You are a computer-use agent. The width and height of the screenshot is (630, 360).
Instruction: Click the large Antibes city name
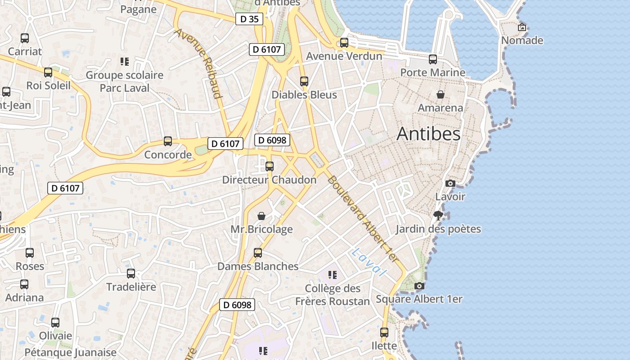coord(428,134)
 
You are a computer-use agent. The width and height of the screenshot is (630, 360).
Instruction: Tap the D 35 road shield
coord(249,19)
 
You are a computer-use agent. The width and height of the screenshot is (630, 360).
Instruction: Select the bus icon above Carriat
coord(25,38)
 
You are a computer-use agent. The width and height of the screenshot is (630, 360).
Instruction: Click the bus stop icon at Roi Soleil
coord(48,72)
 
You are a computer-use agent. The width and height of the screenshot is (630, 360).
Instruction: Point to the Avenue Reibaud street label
coord(199,63)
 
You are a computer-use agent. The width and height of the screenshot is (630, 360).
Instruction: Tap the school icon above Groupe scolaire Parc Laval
coord(125,62)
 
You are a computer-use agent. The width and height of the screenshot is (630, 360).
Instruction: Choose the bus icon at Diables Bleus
coord(304,81)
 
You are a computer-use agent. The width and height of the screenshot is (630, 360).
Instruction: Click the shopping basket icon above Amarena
coord(441,94)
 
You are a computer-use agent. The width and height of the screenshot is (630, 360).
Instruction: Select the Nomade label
coord(522,40)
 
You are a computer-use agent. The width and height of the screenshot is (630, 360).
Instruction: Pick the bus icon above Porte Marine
coord(433,59)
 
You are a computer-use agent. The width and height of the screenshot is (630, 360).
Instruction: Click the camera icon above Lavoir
coord(450,183)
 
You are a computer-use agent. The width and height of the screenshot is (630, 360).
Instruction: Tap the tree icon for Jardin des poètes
coord(438,216)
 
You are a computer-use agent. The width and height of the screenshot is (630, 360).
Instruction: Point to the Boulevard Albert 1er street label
coord(363,219)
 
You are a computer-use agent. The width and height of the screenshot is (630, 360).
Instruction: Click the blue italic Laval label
coord(369,262)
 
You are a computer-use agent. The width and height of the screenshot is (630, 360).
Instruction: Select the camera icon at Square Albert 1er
coord(419,286)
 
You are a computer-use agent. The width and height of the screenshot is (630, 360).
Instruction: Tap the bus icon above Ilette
coord(384,333)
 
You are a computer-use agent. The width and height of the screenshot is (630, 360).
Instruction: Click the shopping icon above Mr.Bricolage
coord(261,216)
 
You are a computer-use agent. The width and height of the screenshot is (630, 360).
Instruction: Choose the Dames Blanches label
coord(258,266)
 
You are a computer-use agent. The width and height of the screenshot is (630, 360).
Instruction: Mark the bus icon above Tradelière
coord(131,273)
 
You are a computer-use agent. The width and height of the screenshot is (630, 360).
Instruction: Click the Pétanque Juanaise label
coord(70,352)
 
